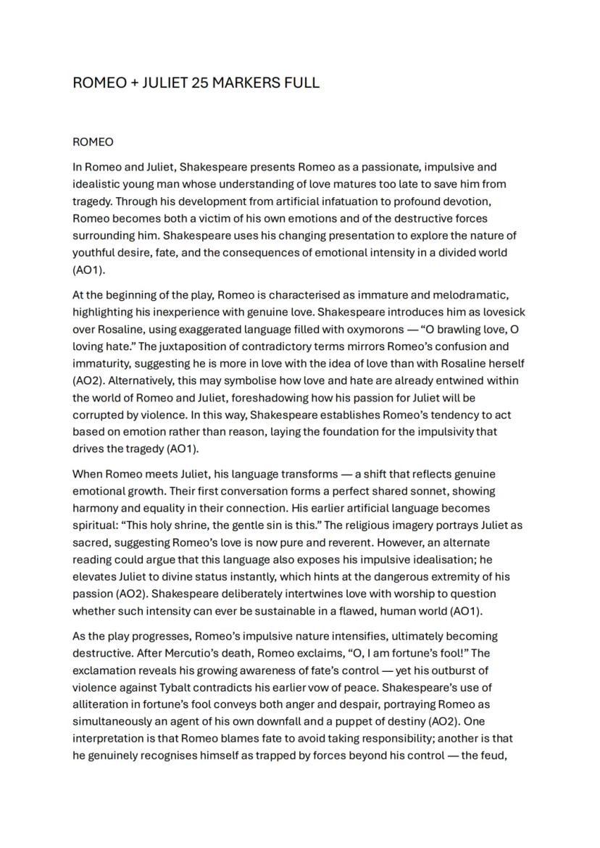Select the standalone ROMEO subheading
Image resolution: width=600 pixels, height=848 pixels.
pyautogui.click(x=93, y=142)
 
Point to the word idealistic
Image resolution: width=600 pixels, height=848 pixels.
pyautogui.click(x=98, y=184)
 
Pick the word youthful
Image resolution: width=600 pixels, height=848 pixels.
pyautogui.click(x=94, y=253)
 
